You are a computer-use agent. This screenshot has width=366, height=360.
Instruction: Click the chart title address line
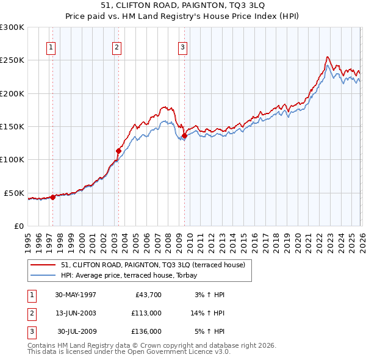point(182,5)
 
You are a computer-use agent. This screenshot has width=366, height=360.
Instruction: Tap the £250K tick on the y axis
point(12,60)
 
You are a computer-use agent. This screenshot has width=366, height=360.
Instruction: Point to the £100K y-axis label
point(12,159)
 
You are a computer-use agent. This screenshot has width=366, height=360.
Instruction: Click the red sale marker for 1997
point(53,197)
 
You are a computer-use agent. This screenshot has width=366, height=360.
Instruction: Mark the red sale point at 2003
point(118,151)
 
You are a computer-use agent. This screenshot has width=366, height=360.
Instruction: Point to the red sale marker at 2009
point(184,135)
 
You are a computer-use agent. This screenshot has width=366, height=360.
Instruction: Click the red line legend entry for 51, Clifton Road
point(152,265)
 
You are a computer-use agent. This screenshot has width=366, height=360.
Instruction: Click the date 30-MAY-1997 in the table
point(76,295)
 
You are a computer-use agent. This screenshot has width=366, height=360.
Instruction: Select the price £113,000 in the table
point(146,313)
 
